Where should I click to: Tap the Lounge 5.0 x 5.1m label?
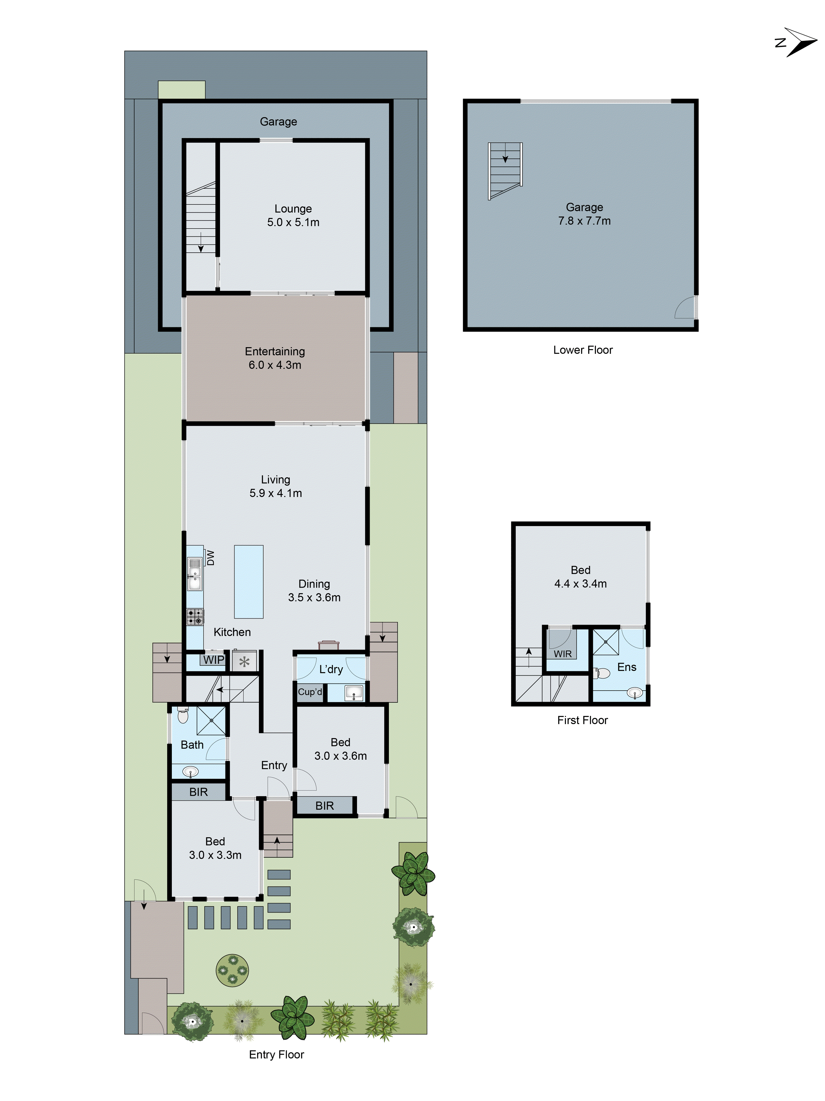[x=293, y=216]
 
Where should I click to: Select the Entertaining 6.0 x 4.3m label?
[x=274, y=358]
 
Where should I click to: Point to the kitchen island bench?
[x=249, y=581]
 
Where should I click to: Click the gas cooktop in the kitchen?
[x=195, y=617]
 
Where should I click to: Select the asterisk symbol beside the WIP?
[x=244, y=661]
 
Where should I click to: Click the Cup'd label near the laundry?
[x=310, y=692]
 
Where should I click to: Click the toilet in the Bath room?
[x=183, y=716]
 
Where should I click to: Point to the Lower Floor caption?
[x=583, y=350]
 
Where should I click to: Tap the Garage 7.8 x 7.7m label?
[x=584, y=214]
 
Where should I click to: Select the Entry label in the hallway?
[x=274, y=765]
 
